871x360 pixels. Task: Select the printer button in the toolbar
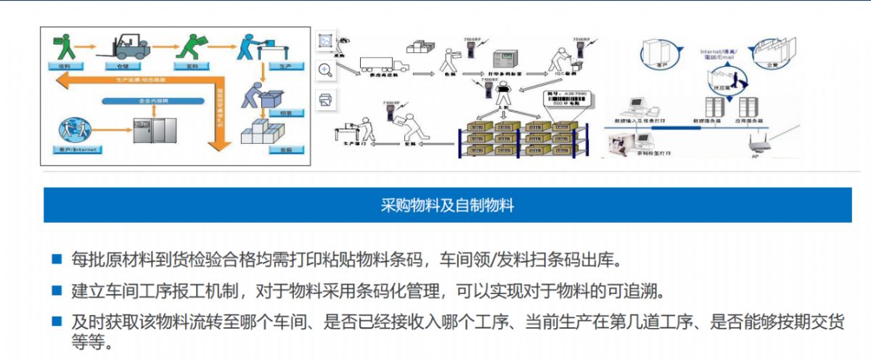pos(326,99)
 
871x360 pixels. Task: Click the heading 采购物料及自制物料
pos(447,205)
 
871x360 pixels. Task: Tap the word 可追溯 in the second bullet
pos(641,291)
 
